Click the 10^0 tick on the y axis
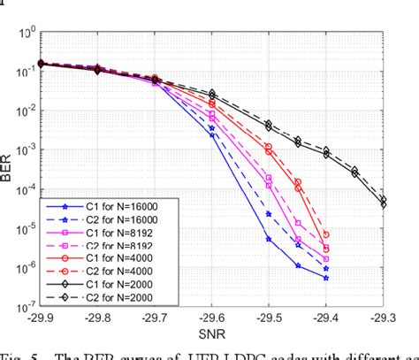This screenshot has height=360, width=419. [x=26, y=34]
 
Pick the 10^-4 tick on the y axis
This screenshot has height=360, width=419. [x=24, y=190]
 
